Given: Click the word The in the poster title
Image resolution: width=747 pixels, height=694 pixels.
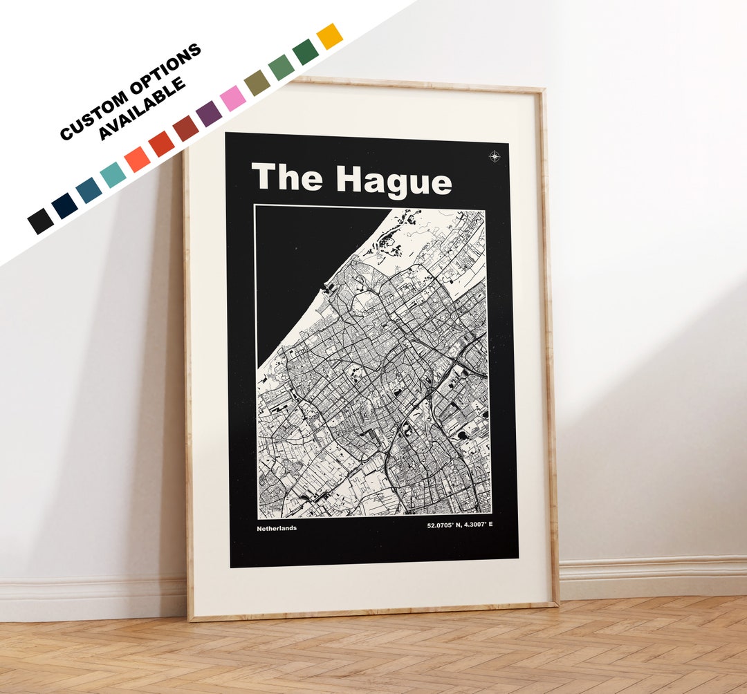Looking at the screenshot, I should coord(286,177).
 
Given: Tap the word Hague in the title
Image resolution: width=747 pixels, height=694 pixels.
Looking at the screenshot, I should coord(394,180).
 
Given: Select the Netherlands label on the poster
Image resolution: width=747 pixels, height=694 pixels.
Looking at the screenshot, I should coord(277,528).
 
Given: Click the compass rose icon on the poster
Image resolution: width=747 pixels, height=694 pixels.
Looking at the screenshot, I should coord(495,156).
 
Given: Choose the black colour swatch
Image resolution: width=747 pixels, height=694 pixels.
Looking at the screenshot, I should coord(40,221).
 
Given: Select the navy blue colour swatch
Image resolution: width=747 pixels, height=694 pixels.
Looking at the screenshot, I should coord(64,205).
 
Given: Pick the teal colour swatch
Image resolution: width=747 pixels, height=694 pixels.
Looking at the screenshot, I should coord(113,175).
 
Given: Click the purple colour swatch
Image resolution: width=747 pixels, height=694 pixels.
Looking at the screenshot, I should coord(209,113).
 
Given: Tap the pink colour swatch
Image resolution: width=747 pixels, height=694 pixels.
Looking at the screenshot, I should coord(233,98).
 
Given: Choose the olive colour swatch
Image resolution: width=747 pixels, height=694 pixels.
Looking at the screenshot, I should coord(257,82).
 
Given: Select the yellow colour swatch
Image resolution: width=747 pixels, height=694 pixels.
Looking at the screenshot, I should coord(329,36).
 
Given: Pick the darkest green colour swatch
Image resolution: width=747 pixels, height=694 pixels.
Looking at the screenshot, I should coord(306,52).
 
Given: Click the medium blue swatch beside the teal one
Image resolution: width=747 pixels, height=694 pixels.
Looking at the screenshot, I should coord(89,190).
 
